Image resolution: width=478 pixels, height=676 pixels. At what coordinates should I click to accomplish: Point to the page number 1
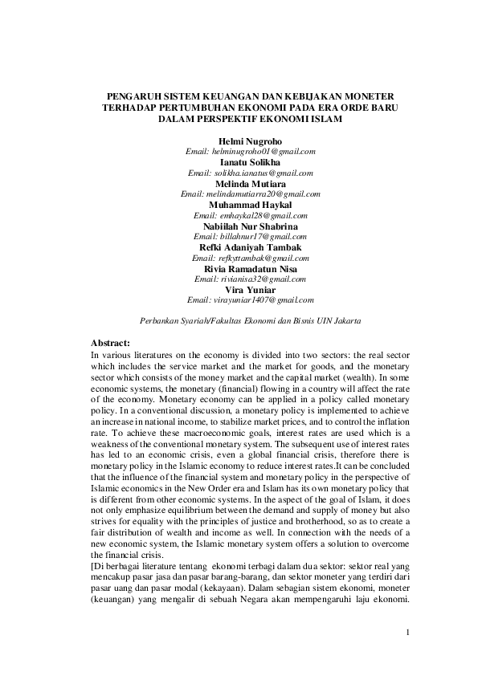(408, 633)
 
